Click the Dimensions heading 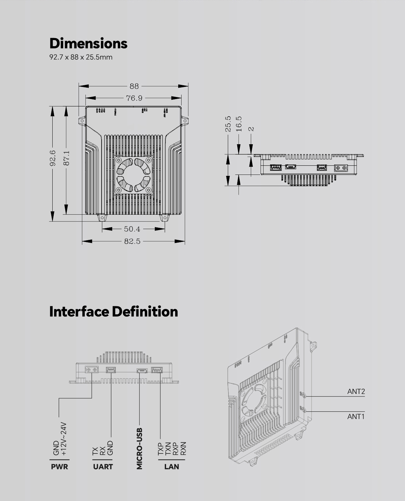pyautogui.click(x=88, y=43)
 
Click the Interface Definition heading pyautogui.click(x=113, y=311)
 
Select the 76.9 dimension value pyautogui.click(x=134, y=98)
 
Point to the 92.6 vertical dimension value pyautogui.click(x=53, y=158)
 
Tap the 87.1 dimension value pyautogui.click(x=66, y=158)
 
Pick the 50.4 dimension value pyautogui.click(x=132, y=229)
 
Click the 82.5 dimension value pyautogui.click(x=132, y=241)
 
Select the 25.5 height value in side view pyautogui.click(x=228, y=124)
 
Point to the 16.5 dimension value pyautogui.click(x=239, y=124)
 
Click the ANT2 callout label pyautogui.click(x=356, y=392)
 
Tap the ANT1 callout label pyautogui.click(x=356, y=416)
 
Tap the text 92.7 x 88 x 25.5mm pyautogui.click(x=81, y=57)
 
